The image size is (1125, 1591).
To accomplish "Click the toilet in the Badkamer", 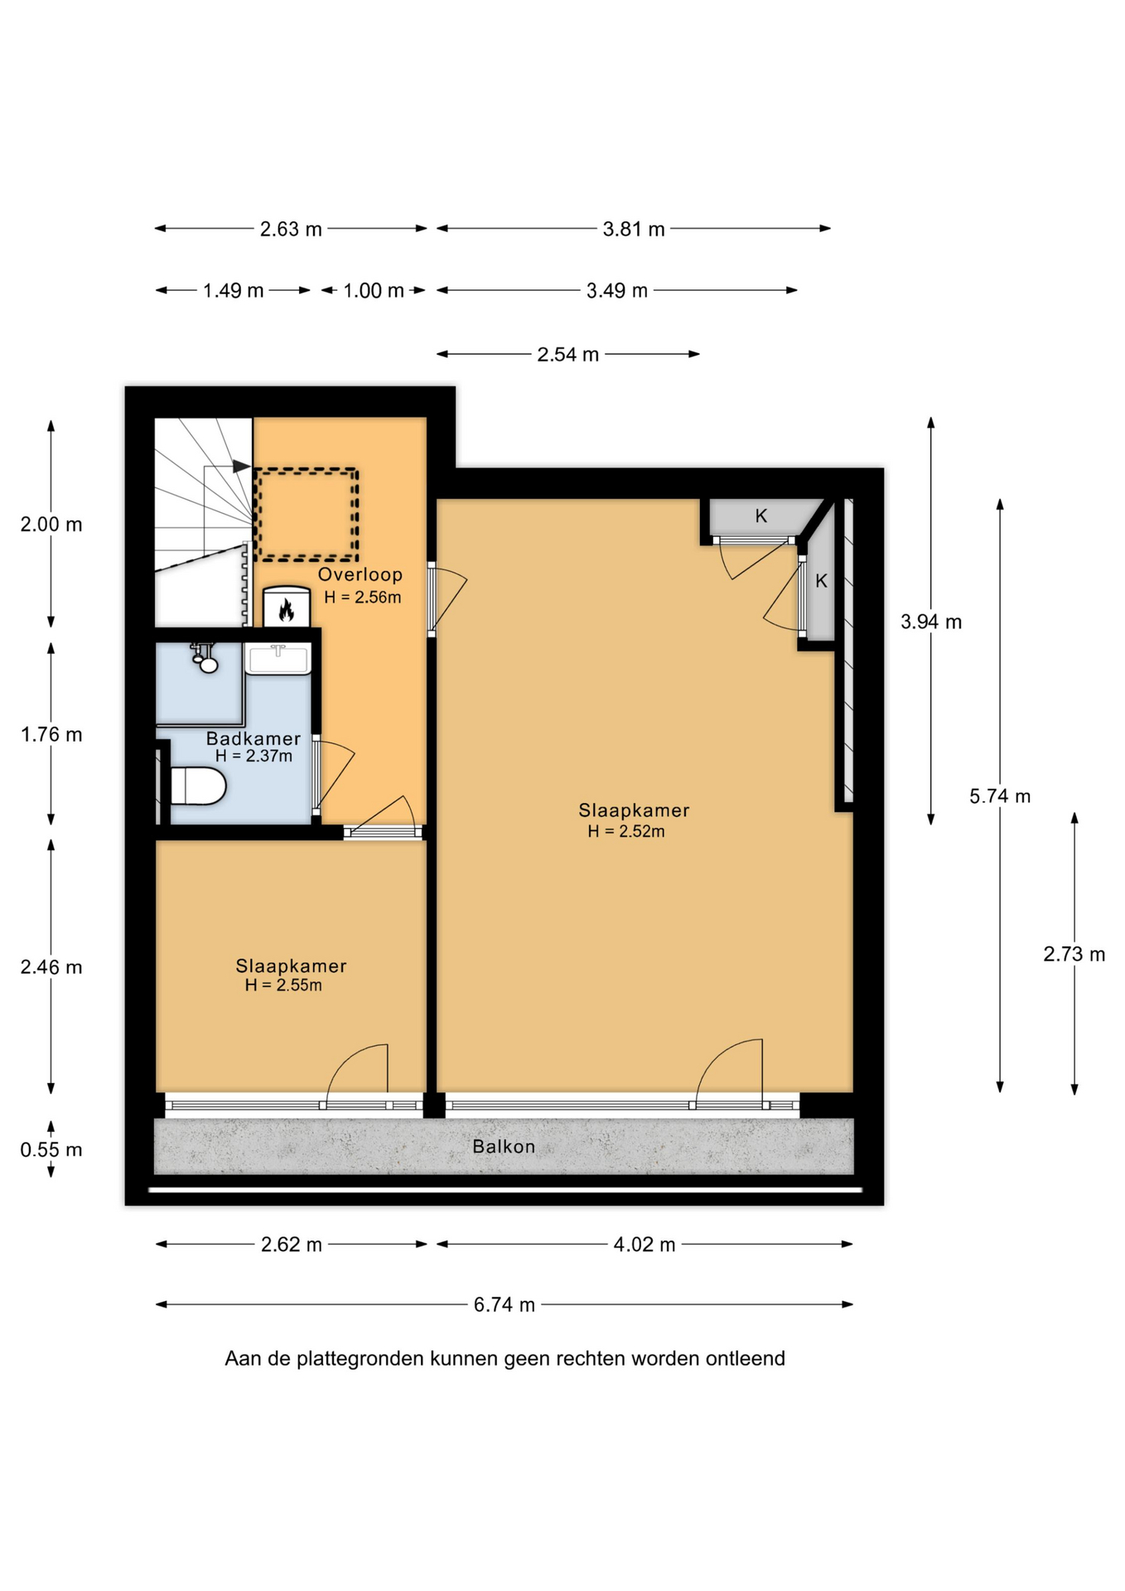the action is pyautogui.click(x=198, y=786).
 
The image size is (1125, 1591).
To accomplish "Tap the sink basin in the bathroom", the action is pyautogui.click(x=278, y=660).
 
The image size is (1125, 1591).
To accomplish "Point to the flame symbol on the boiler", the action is pyautogui.click(x=287, y=610).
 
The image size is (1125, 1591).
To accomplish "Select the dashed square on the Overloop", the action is pyautogui.click(x=306, y=514).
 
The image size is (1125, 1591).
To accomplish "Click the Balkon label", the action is pyautogui.click(x=504, y=1146).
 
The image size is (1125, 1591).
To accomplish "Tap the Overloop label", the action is pyautogui.click(x=360, y=574).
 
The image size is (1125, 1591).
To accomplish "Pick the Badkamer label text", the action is pyautogui.click(x=253, y=738).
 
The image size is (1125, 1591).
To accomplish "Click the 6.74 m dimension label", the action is pyautogui.click(x=505, y=1304).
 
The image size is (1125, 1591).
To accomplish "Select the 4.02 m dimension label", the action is pyautogui.click(x=645, y=1244).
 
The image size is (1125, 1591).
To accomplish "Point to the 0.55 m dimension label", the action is pyautogui.click(x=51, y=1149).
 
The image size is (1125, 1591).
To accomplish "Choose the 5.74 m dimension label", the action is pyautogui.click(x=1000, y=796).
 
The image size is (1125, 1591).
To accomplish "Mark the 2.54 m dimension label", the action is pyautogui.click(x=567, y=355).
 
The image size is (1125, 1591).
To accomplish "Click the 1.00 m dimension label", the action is pyautogui.click(x=374, y=291).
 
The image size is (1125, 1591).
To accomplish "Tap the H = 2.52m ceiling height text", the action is pyautogui.click(x=626, y=831).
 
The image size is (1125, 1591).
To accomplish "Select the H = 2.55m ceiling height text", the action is pyautogui.click(x=283, y=985).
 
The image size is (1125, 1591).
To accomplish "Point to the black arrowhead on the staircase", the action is pyautogui.click(x=241, y=467).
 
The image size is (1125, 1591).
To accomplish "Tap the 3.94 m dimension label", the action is pyautogui.click(x=931, y=621).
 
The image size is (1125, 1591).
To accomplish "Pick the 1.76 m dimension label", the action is pyautogui.click(x=51, y=734).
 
